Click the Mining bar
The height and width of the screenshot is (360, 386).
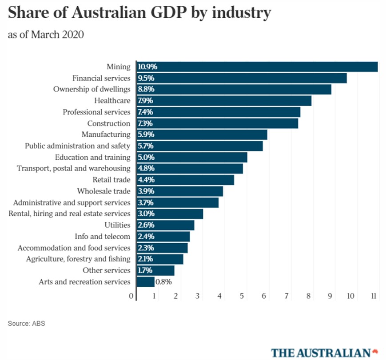[257, 67]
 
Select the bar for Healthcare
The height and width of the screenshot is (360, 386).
[224, 100]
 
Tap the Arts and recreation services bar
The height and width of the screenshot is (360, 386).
[145, 281]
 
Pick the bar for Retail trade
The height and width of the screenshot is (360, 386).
[185, 180]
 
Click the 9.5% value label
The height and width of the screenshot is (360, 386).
[146, 78]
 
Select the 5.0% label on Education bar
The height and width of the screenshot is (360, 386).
[146, 157]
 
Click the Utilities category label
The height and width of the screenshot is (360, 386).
[117, 225]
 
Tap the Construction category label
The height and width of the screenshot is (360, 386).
[109, 123]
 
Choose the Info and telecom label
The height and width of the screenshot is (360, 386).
[103, 237]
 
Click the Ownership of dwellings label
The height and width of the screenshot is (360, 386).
[92, 89]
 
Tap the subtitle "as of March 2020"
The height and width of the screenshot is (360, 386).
[46, 35]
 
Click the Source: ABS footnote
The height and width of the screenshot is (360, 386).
[26, 324]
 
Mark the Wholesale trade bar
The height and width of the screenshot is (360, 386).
[179, 191]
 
